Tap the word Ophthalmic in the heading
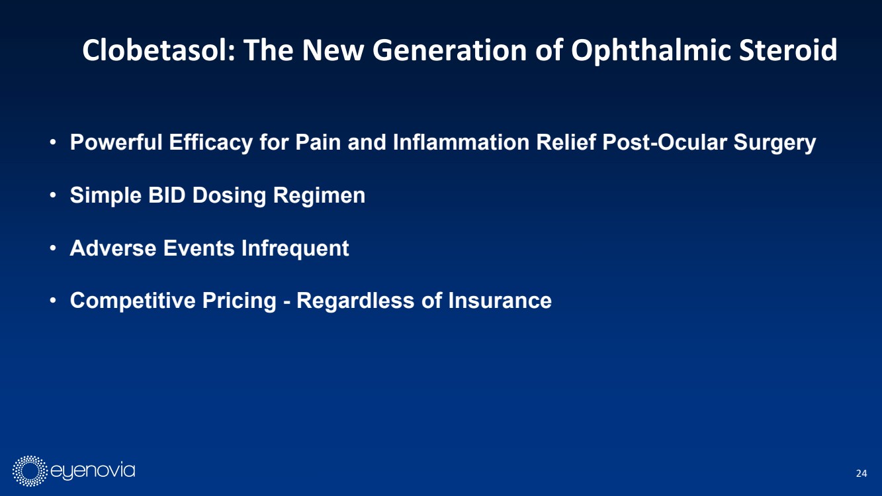[x=651, y=51]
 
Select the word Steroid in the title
[x=787, y=50]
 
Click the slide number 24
[x=861, y=473]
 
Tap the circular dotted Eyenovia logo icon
[x=30, y=471]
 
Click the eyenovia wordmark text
[x=93, y=471]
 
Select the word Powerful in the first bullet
[x=116, y=142]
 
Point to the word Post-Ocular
[x=665, y=142]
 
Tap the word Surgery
[x=775, y=142]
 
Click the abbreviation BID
[x=167, y=195]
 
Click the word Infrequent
[x=295, y=248]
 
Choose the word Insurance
[x=500, y=300]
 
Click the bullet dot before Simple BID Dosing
[x=53, y=195]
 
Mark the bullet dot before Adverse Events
[x=53, y=248]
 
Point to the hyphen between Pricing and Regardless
[x=287, y=302]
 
